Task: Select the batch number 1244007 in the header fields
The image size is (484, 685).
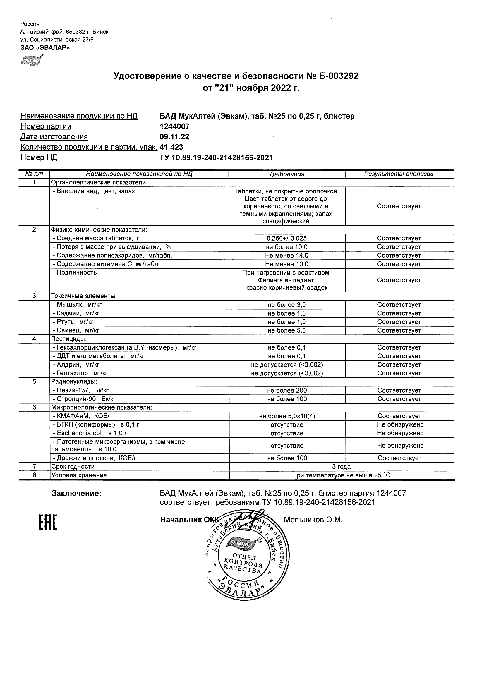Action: click(174, 126)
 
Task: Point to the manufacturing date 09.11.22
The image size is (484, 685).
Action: click(174, 137)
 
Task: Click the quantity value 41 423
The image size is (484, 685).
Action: click(171, 147)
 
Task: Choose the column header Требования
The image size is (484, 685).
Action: click(286, 174)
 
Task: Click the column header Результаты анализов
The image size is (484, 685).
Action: click(399, 174)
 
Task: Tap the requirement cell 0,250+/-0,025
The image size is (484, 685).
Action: click(286, 238)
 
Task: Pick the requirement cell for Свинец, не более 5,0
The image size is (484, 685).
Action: click(286, 330)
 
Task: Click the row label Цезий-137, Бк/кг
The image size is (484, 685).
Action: click(83, 391)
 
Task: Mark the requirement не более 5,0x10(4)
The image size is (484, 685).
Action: click(286, 416)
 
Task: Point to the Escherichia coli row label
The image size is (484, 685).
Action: click(90, 433)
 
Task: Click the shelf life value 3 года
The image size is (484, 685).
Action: click(341, 467)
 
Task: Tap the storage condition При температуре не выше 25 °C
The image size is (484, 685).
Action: click(341, 475)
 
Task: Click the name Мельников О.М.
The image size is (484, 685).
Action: click(313, 520)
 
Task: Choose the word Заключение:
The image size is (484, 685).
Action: click(77, 494)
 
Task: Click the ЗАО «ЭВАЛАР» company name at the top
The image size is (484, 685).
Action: click(45, 48)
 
